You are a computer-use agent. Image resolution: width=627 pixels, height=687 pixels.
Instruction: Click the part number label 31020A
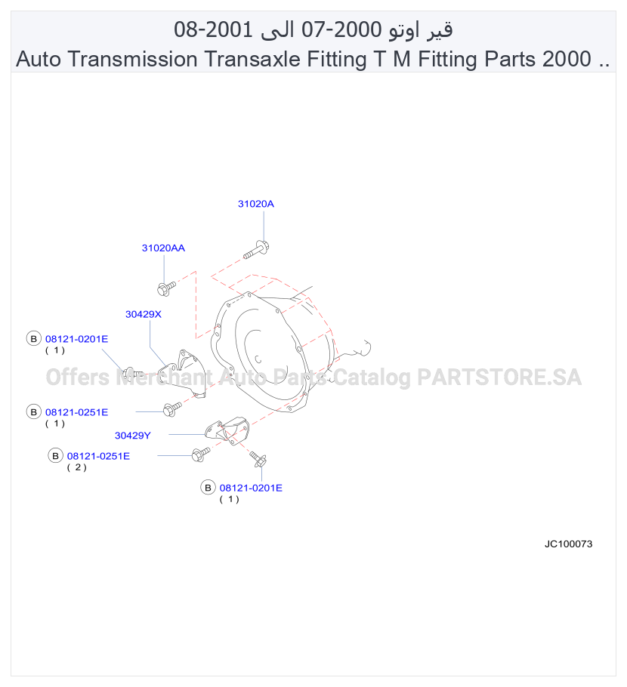(255, 204)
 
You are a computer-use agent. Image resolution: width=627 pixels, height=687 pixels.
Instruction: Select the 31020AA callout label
(163, 248)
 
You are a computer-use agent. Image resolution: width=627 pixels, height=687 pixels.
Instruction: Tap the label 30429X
(144, 314)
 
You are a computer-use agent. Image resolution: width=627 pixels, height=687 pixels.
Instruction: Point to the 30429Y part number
(132, 436)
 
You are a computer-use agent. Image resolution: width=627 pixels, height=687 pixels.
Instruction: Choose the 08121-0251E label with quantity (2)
(98, 456)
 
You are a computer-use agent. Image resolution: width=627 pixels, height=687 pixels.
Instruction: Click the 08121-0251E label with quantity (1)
(77, 412)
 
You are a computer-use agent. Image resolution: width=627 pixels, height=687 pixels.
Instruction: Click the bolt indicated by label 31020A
(257, 249)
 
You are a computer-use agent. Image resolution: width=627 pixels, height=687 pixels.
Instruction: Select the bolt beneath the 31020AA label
(166, 288)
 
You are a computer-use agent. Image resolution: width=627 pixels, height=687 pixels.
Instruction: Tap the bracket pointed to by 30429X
(182, 374)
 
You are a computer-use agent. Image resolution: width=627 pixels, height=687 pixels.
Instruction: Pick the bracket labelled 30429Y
(227, 430)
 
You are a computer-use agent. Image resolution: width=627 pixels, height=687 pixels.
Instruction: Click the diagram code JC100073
(568, 544)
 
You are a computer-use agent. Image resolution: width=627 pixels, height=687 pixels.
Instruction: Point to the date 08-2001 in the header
(213, 29)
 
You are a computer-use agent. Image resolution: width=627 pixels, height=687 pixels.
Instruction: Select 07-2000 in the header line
(341, 29)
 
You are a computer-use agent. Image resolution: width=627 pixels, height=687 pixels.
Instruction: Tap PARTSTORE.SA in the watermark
(499, 377)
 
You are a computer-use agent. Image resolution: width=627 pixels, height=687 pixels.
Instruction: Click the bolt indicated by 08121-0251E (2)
(201, 454)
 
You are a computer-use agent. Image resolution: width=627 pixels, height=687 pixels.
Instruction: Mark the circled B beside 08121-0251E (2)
(55, 456)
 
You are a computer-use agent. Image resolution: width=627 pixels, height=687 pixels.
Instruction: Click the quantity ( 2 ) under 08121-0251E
(77, 467)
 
